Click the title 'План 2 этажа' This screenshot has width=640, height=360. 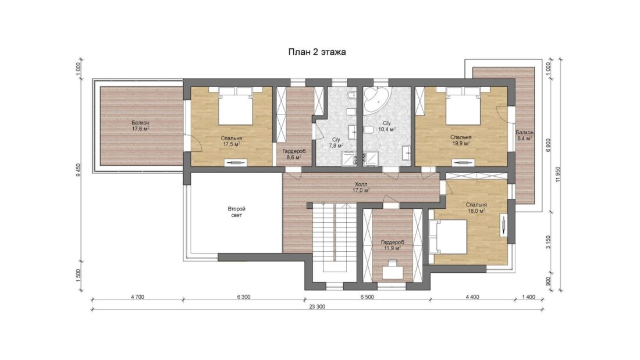(x=317, y=52)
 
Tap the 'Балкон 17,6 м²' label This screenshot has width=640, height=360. (x=140, y=126)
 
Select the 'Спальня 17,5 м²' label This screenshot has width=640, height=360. (x=231, y=141)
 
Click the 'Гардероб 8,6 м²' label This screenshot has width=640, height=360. (x=294, y=154)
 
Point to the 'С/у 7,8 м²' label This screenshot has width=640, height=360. (x=336, y=142)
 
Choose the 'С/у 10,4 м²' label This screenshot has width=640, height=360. (x=386, y=126)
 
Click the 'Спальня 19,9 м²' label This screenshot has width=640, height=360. (x=461, y=140)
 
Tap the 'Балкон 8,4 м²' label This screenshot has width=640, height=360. (x=524, y=136)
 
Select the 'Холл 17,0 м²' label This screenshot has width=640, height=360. (x=362, y=187)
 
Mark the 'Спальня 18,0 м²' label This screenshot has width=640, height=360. (x=476, y=208)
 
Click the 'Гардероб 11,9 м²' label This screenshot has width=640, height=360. (x=392, y=245)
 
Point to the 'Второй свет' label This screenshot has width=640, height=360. (x=236, y=212)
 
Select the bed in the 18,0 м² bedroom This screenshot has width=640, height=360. (x=447, y=236)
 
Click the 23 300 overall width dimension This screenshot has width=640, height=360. (x=317, y=307)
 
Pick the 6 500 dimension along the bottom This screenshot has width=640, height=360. (x=367, y=297)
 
